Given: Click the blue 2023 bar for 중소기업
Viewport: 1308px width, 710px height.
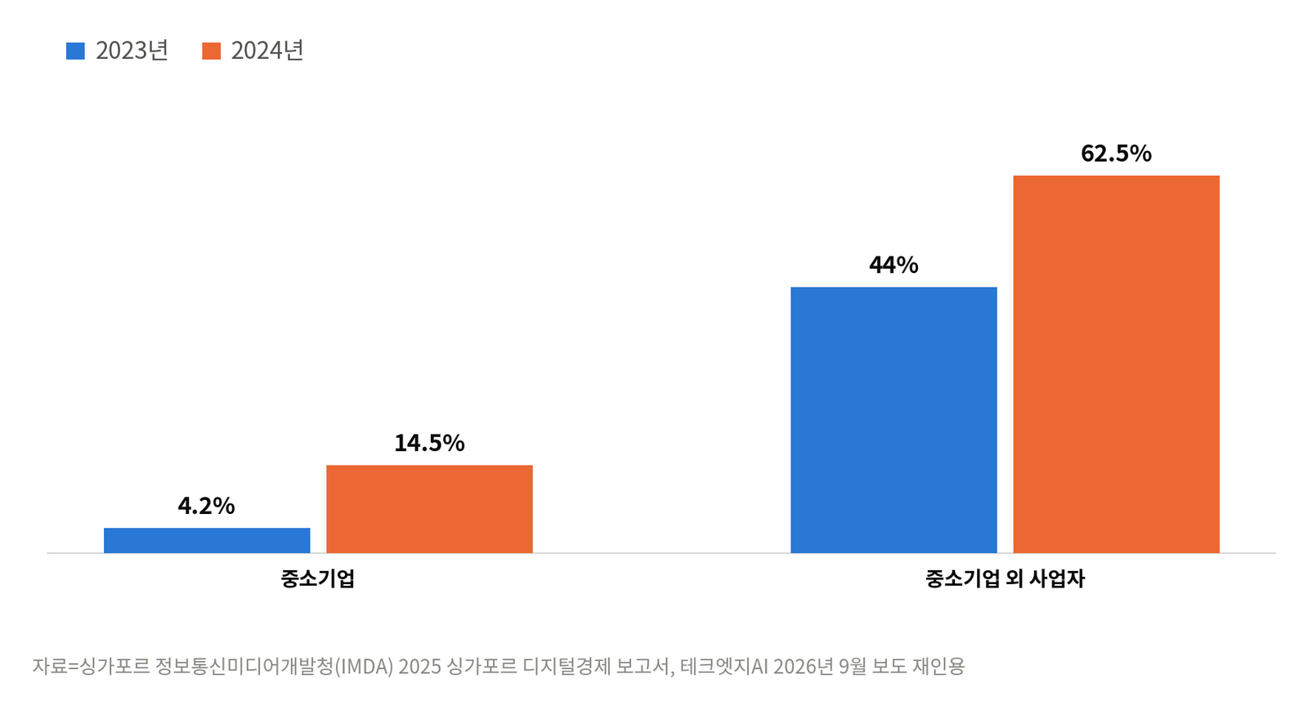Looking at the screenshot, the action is (x=207, y=539).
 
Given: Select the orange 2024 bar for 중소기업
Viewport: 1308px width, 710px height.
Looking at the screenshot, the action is (x=429, y=509).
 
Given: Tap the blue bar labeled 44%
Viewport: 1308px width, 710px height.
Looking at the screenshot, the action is (x=894, y=419).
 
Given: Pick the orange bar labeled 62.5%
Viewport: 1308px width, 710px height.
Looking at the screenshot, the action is (x=1116, y=364).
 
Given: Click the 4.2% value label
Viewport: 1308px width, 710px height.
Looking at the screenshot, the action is (x=206, y=506).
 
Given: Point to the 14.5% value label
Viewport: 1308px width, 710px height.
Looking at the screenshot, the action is (x=429, y=443).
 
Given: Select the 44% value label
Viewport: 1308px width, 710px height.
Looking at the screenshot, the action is (x=894, y=265).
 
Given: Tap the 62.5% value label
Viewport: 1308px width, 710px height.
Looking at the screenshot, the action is (x=1116, y=154).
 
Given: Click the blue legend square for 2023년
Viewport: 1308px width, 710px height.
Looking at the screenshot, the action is (x=75, y=51).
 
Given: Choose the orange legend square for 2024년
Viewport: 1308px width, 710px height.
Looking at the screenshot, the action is (x=212, y=51).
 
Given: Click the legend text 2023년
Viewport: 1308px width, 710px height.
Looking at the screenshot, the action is (x=132, y=51).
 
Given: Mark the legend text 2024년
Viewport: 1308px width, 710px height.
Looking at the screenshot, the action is (x=267, y=51).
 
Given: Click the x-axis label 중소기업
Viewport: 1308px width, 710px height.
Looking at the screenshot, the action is (x=318, y=578).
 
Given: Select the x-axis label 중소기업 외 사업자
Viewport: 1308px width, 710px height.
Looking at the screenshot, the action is (x=1005, y=578).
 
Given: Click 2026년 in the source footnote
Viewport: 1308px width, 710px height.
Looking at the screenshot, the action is (x=804, y=666).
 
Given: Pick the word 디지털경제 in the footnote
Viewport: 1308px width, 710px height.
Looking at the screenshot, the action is (x=567, y=666).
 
